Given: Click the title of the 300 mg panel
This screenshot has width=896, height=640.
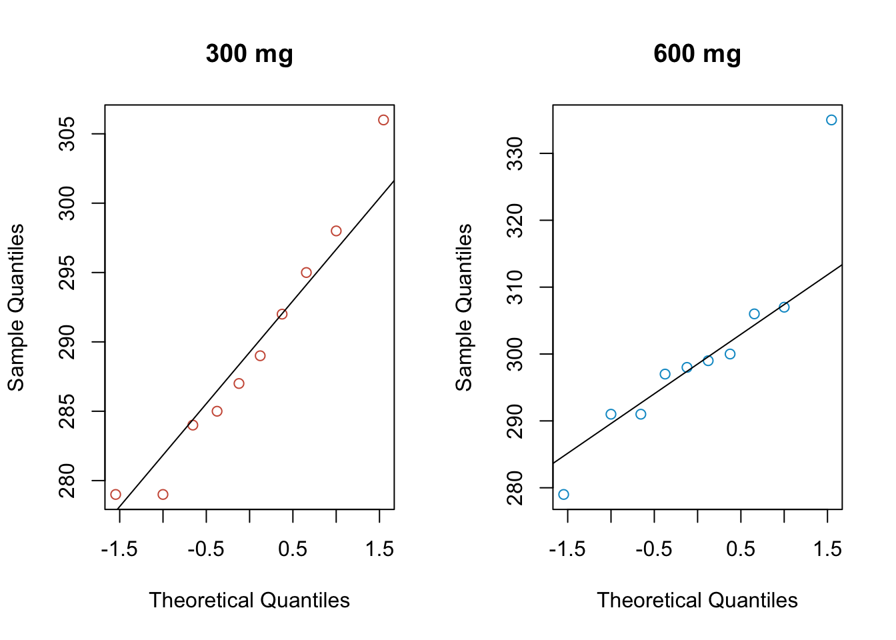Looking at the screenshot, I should (249, 54).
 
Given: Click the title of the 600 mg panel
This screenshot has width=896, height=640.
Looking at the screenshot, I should (697, 54).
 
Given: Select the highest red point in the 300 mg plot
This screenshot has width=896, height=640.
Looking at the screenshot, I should (383, 120).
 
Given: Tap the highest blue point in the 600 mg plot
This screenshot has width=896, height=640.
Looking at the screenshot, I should (831, 120).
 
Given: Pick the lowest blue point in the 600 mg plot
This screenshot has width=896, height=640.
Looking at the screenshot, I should (563, 494).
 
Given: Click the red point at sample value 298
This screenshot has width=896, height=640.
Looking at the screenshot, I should (336, 231).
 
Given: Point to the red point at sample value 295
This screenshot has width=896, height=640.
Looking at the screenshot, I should (306, 273).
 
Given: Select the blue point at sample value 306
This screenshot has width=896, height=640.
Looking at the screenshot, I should (754, 314).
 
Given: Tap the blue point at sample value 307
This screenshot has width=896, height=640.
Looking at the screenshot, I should (784, 307).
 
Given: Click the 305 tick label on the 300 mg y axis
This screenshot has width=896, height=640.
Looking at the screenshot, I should (68, 134).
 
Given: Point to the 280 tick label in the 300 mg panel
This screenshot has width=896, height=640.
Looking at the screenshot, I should (68, 481).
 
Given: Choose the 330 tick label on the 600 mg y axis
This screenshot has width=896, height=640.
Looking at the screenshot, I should (516, 153).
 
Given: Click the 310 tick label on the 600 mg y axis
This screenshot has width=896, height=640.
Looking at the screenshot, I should (516, 287).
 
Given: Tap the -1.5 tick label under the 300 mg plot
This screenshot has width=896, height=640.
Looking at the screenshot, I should (119, 549).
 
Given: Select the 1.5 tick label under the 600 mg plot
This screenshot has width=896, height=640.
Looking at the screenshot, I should (827, 549).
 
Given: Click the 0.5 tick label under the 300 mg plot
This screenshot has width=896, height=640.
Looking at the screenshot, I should (292, 549).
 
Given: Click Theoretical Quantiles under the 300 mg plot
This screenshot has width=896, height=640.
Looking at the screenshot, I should (249, 600).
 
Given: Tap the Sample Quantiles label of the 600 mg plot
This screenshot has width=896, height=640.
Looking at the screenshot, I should (463, 307).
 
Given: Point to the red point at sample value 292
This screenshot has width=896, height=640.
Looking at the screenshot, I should (282, 314).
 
